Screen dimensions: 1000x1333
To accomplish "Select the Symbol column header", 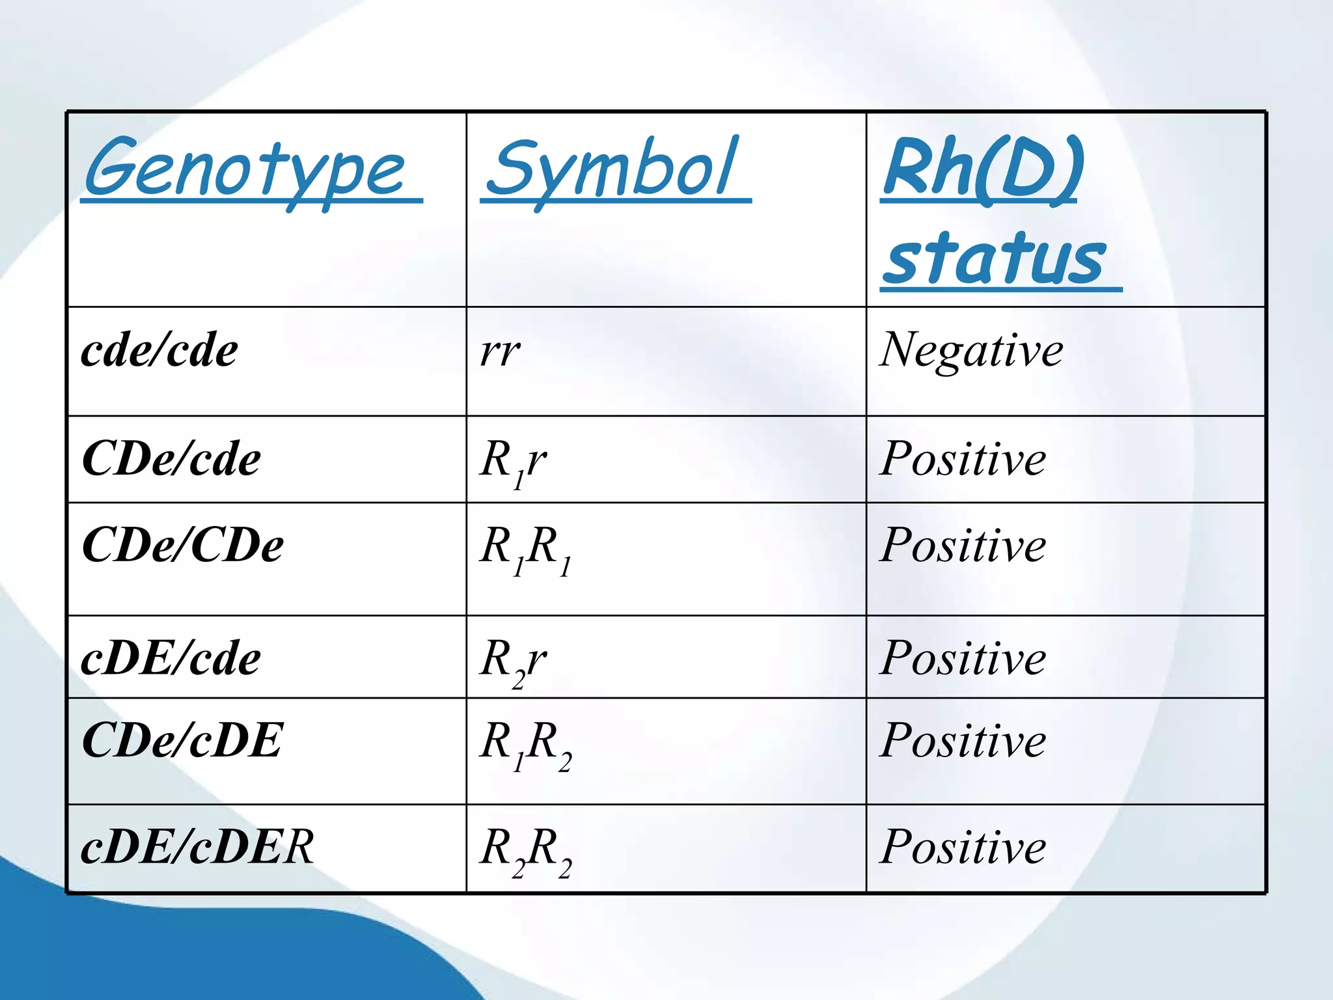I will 612,169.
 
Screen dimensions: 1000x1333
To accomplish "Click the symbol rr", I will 500,352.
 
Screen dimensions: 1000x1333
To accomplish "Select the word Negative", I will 971,350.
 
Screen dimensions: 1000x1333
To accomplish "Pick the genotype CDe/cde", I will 171,459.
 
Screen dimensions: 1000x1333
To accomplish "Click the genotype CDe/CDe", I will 183,545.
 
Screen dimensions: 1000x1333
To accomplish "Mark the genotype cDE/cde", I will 171,658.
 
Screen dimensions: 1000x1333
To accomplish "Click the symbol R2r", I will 513,661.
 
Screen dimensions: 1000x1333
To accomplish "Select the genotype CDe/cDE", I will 182,741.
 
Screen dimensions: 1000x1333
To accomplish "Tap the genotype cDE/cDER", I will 197,847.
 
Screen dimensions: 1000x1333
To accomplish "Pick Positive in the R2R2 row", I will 963,847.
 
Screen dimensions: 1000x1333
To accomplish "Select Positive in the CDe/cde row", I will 963,459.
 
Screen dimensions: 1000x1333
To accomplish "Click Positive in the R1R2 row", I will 963,741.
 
